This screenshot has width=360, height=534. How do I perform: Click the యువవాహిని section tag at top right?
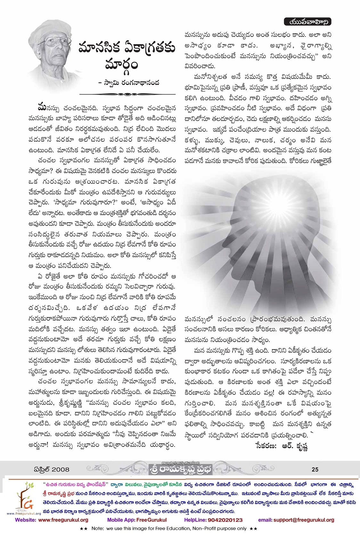pyautogui.click(x=307, y=22)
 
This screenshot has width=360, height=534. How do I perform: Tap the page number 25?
pyautogui.click(x=315, y=469)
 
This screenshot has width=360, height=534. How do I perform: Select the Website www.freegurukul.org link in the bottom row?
pyautogui.click(x=52, y=520)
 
